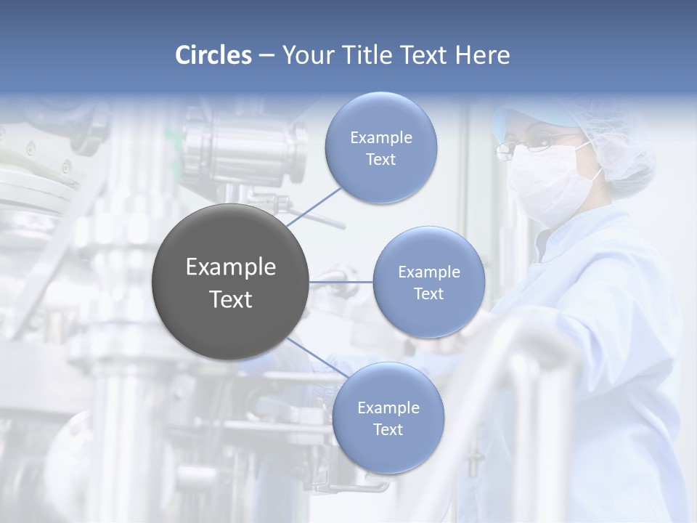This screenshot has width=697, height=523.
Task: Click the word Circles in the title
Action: click(213, 55)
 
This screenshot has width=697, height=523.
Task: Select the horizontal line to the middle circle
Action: click(341, 282)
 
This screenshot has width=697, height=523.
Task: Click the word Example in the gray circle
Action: click(231, 267)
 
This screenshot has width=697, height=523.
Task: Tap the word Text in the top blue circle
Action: click(380, 160)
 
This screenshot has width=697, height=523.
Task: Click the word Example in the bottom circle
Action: click(388, 408)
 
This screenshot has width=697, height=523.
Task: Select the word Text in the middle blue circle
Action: click(429, 294)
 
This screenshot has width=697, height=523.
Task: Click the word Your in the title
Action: click(306, 55)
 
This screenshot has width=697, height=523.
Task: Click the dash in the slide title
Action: click(266, 56)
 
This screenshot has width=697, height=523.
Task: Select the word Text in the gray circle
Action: click(231, 299)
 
